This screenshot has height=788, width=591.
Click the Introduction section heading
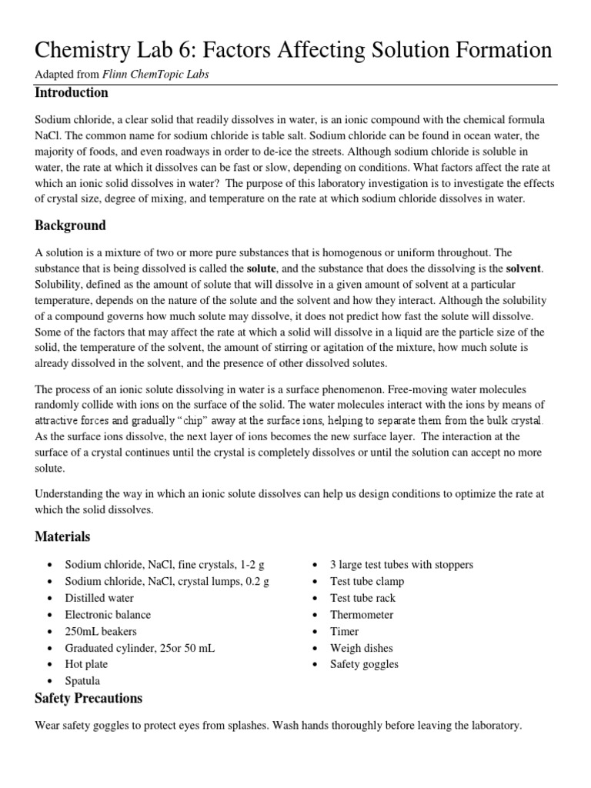[72, 93]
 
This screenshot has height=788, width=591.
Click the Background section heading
[71, 226]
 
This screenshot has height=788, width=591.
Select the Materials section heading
[62, 536]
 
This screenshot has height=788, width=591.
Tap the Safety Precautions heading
[88, 699]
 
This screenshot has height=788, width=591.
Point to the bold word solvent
[523, 269]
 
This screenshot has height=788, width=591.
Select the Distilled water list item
[99, 598]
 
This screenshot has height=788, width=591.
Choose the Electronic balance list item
[108, 615]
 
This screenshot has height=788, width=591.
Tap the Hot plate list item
[86, 664]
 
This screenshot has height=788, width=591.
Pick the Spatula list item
[82, 681]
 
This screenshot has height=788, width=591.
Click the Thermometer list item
[362, 615]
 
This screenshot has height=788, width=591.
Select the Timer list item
[345, 631]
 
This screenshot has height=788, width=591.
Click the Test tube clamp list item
[367, 581]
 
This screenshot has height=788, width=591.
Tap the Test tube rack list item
[363, 598]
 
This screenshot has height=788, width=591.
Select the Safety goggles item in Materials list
[365, 664]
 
